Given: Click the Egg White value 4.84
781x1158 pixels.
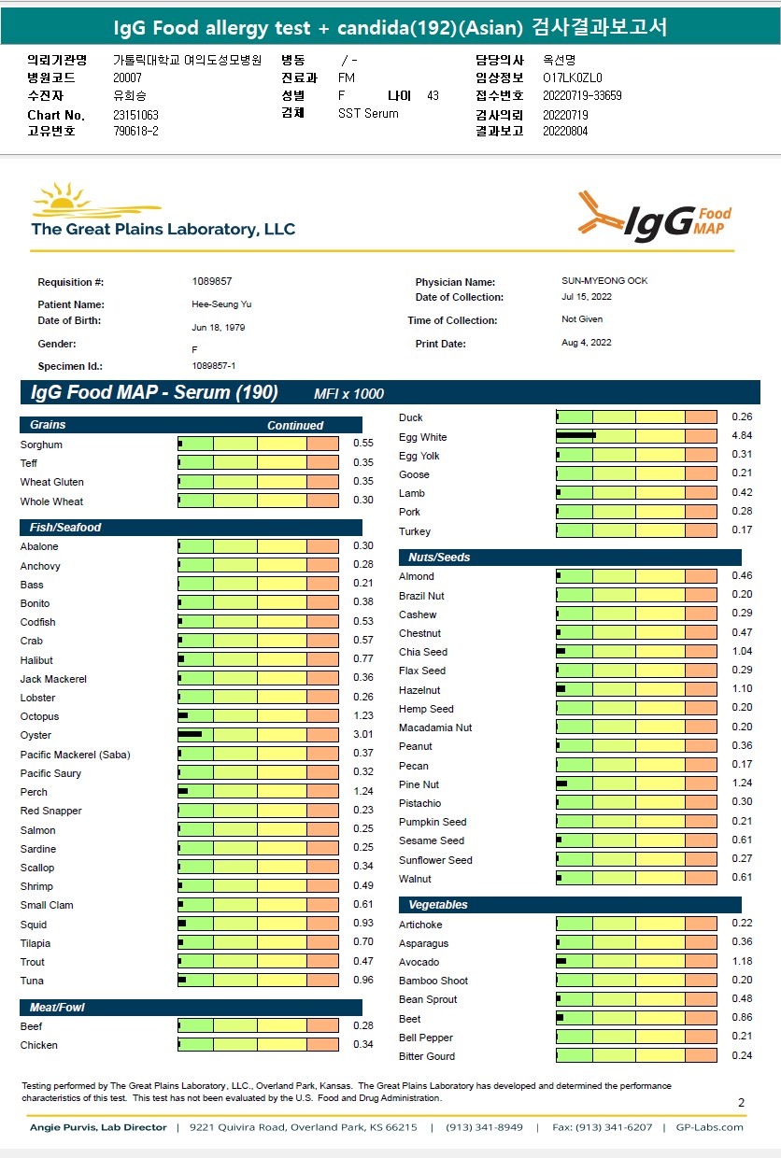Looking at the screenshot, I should (x=742, y=436).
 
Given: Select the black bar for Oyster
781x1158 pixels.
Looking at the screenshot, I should (x=191, y=735).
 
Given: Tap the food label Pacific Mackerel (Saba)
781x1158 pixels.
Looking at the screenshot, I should (x=76, y=755).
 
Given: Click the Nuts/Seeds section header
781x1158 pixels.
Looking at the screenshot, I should (x=439, y=558).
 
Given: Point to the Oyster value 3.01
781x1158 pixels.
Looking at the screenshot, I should (x=363, y=735).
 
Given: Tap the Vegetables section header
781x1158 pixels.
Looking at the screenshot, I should (x=438, y=905).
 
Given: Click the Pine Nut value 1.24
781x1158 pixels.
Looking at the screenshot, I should (x=742, y=784).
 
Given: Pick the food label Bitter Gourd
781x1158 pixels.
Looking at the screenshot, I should (x=427, y=1056).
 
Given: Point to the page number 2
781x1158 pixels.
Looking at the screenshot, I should (x=741, y=1103).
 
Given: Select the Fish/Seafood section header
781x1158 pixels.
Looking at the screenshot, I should (x=65, y=528).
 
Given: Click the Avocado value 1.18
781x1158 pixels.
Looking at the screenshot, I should (x=742, y=961).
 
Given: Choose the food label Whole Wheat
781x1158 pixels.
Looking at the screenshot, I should (x=51, y=501).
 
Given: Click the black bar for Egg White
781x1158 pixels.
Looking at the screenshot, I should (x=575, y=436).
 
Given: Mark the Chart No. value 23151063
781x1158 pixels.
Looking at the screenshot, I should (x=135, y=115).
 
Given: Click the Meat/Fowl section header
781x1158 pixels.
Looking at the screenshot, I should (x=57, y=1008).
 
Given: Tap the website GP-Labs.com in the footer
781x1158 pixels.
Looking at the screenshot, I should (x=709, y=1127).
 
